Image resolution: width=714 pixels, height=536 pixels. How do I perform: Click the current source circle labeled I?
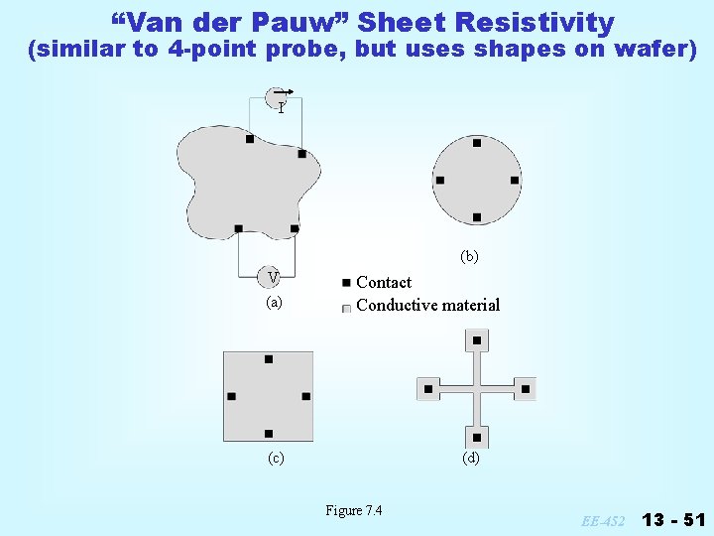tap(278, 100)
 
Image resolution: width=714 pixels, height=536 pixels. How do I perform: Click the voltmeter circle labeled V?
tap(273, 276)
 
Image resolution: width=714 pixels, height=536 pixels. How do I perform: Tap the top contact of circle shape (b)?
tap(477, 143)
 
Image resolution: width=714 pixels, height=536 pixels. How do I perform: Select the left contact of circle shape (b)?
tap(439, 181)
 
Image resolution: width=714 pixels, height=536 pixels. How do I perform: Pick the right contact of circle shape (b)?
tap(515, 181)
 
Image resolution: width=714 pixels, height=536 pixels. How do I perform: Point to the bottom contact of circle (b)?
tap(477, 217)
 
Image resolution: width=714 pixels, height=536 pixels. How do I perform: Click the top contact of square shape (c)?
tap(269, 359)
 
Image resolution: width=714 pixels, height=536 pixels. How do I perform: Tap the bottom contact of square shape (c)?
tap(269, 434)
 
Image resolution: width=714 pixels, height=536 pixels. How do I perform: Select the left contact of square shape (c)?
tap(231, 397)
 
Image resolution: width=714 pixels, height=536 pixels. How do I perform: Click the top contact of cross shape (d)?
tap(477, 340)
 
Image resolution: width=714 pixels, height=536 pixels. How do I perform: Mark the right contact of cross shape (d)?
tap(526, 389)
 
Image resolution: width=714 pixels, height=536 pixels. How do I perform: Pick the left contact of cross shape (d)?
tap(428, 389)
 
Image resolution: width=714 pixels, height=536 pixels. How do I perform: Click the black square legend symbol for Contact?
tap(345, 283)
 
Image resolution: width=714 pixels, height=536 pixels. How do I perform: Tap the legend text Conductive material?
tap(427, 305)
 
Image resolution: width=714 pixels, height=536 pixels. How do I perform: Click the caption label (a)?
tap(274, 302)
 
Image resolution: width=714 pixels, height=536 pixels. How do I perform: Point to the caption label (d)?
tap(470, 458)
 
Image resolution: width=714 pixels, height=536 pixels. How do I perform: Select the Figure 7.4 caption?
tap(354, 510)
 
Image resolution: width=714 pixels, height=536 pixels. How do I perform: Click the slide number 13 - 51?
tap(673, 519)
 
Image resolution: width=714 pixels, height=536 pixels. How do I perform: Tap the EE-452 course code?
tap(603, 520)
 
